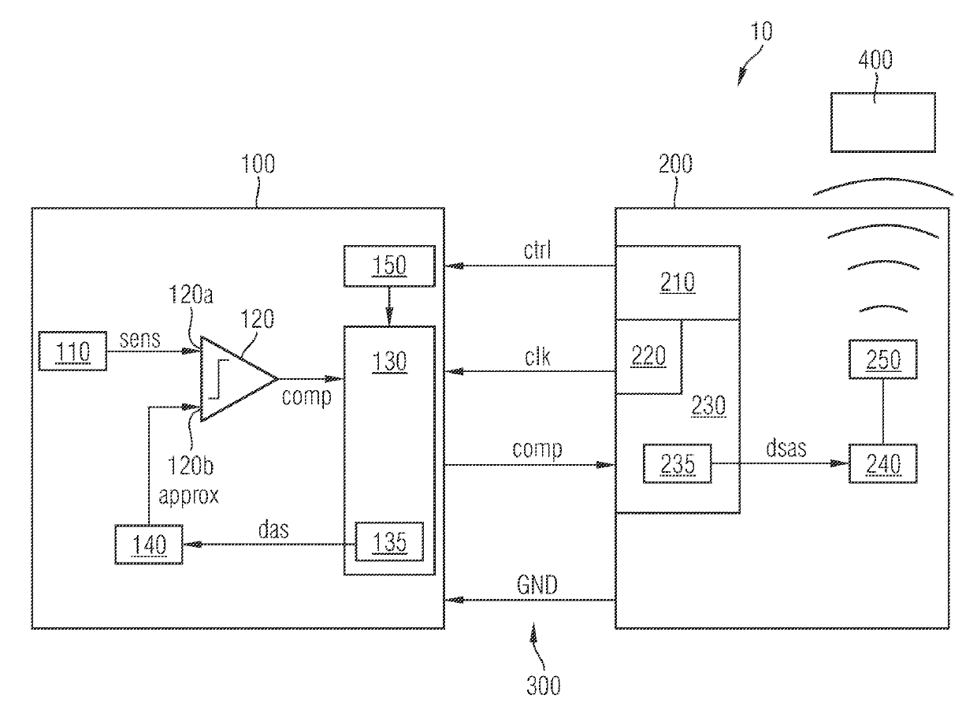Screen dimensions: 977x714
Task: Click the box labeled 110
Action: [x=72, y=351]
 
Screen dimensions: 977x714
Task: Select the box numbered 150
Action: [x=389, y=266]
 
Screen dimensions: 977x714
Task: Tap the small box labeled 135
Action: [x=389, y=541]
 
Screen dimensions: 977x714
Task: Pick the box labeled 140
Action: [x=149, y=545]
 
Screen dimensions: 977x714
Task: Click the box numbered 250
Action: [x=883, y=359]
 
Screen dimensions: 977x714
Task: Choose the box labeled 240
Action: [x=883, y=463]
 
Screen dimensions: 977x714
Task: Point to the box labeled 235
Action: [x=678, y=463]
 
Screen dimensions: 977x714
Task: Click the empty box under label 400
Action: [x=883, y=122]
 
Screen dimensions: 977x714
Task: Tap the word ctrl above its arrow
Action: [x=537, y=250]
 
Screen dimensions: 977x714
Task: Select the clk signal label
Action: [x=537, y=357]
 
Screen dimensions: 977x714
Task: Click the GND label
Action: [x=537, y=585]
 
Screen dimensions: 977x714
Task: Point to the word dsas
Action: [x=786, y=448]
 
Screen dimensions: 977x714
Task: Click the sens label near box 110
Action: [x=139, y=340]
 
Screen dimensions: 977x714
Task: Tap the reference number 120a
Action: [x=191, y=295]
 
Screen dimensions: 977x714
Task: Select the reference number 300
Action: [x=544, y=686]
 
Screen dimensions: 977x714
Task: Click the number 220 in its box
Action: [x=648, y=356]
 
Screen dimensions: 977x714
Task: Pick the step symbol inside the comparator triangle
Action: [x=218, y=379]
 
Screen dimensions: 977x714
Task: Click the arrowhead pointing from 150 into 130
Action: [x=389, y=317]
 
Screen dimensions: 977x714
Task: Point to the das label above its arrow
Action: [x=273, y=530]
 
